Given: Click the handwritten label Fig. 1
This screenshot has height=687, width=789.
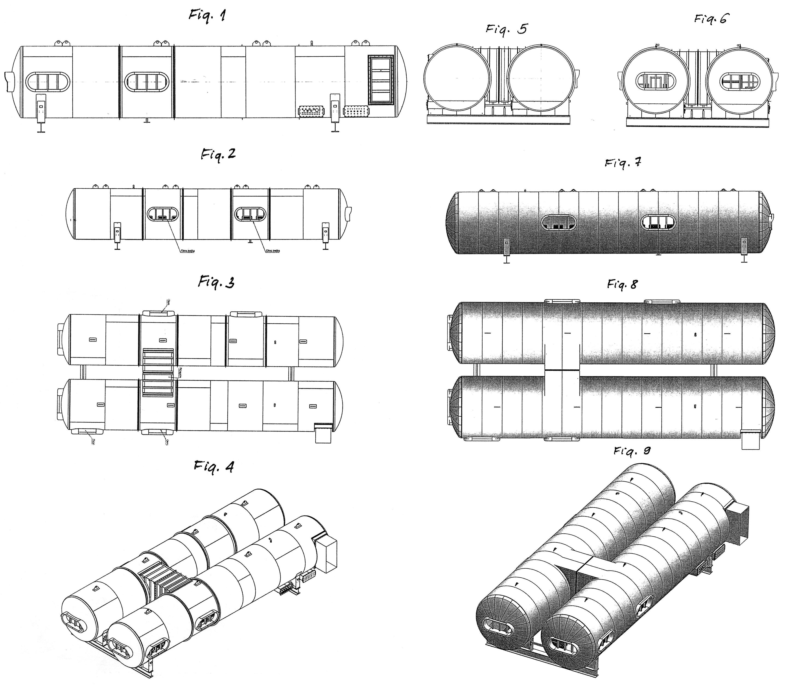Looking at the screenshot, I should tap(207, 16).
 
